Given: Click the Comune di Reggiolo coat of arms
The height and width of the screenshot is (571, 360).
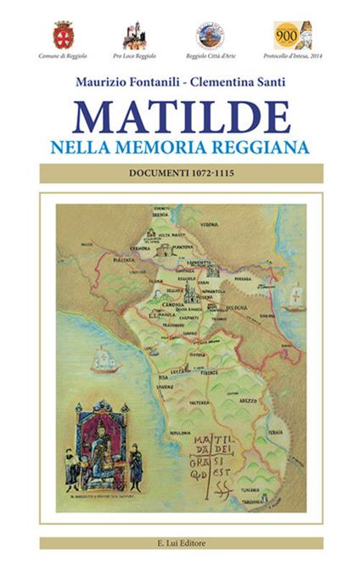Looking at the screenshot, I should pos(64,35).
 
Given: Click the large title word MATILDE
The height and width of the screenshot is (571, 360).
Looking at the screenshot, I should pos(181,116).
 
